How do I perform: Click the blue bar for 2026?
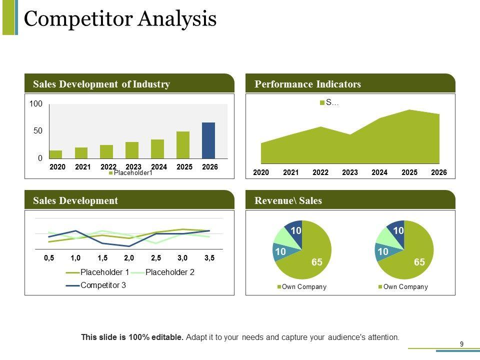coord(208,140)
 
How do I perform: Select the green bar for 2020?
coord(56,154)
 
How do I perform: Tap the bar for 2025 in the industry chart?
coord(183,144)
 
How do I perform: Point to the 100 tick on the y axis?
coord(36,104)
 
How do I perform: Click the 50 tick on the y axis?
coord(38,131)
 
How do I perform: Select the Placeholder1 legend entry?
coord(130,173)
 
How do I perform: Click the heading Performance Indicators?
coord(307,84)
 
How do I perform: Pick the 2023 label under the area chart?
coord(350,172)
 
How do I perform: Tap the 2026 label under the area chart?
coord(439,172)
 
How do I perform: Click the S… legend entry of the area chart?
coord(329,102)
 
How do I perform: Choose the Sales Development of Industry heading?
coord(101,84)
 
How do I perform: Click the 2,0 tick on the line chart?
coord(129,258)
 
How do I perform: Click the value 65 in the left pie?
coord(316,262)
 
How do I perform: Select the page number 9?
coord(461,344)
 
